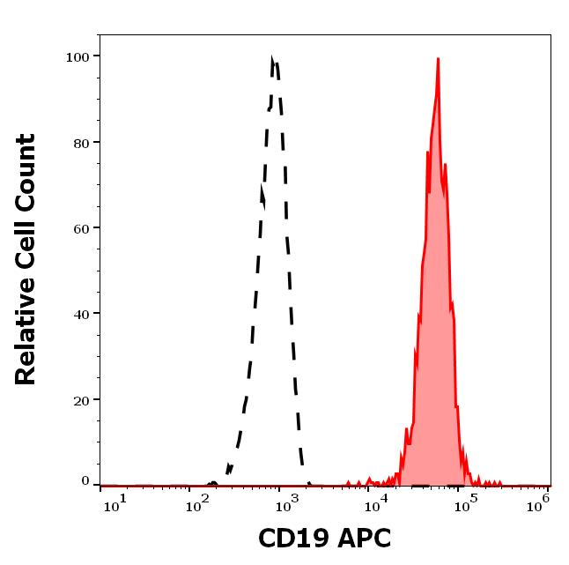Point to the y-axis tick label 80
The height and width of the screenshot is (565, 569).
80,143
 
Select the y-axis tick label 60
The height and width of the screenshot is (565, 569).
80,228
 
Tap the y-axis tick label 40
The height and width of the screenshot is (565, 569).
80,314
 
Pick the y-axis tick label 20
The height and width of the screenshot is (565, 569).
80,399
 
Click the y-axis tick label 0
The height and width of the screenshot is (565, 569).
85,481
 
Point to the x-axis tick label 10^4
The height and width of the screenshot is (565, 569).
380,502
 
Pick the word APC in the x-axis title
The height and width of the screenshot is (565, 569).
361,538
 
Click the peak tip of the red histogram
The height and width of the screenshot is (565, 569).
438,59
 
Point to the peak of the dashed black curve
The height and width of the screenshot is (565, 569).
273,60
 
